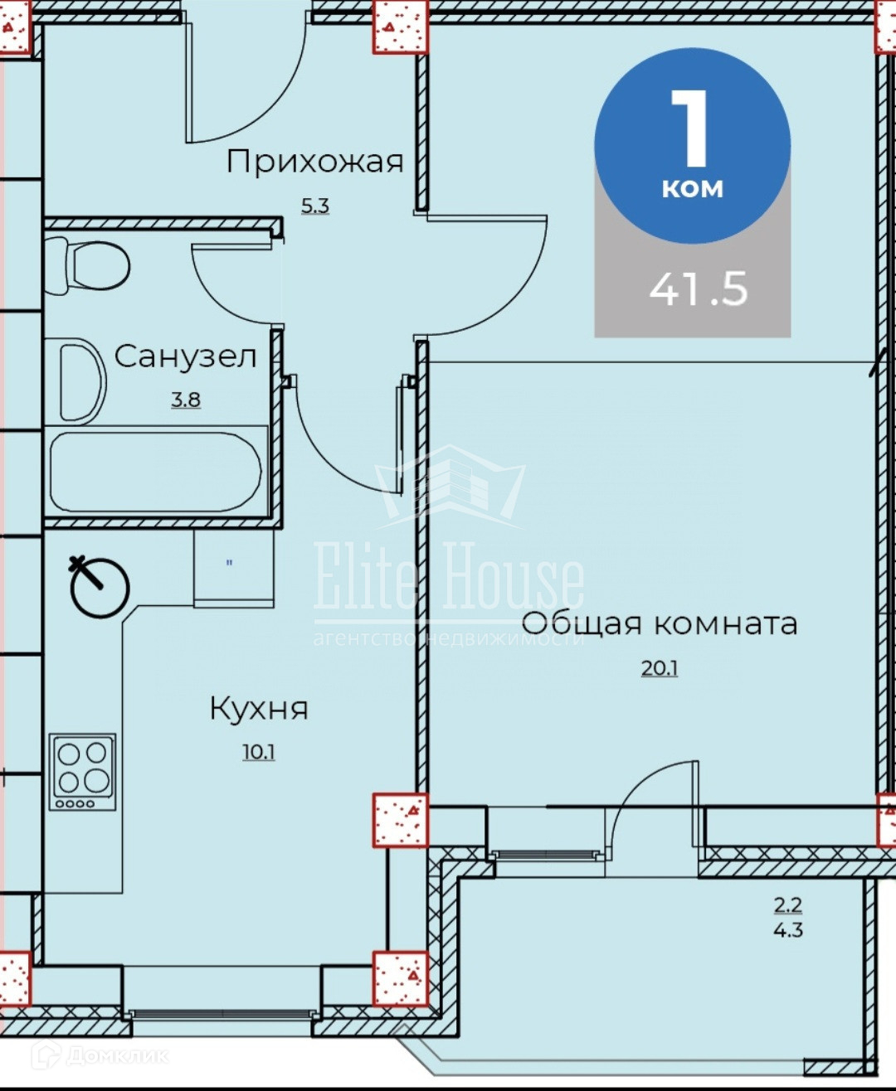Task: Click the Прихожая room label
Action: coord(314,162)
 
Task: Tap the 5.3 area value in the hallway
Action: coord(315,206)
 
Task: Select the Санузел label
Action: coord(185,356)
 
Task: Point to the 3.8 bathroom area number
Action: coord(186,400)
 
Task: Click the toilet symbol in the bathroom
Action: coord(87,267)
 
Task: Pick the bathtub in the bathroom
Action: coord(155,473)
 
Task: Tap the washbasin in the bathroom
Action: coord(83,382)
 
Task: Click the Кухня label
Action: coord(259,708)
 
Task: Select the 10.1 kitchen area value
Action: coord(259,752)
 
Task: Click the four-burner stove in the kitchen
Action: coord(83,772)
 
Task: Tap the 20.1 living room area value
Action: coord(660,669)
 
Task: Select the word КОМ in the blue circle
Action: coord(693,189)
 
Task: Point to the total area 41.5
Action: coord(699,289)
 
